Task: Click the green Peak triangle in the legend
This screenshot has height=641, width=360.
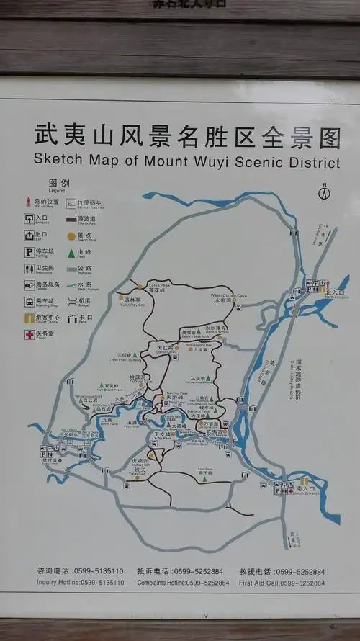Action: point(71,251)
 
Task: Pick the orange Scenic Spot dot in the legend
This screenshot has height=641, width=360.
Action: point(71,235)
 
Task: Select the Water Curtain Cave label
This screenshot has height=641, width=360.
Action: point(224,297)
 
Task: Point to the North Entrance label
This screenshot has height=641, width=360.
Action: point(335,294)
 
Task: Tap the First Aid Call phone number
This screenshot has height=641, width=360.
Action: point(303,581)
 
